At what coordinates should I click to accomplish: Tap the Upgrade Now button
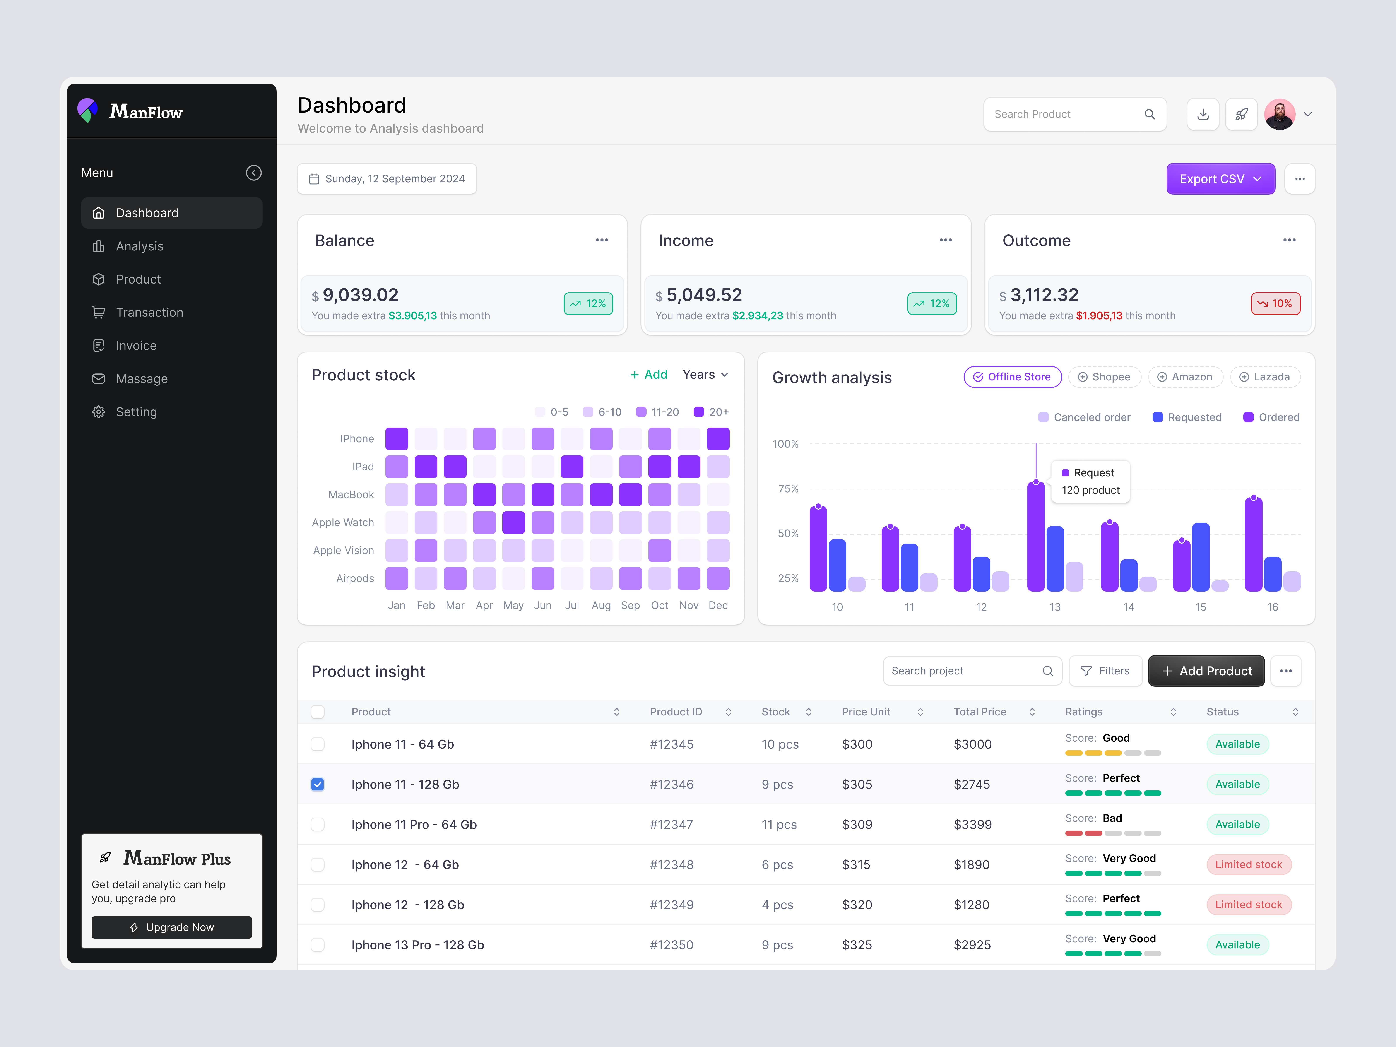coord(172,927)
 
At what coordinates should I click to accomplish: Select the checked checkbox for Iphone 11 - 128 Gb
coord(317,784)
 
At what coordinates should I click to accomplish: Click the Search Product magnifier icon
coord(1149,114)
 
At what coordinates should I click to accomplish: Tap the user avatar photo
coord(1279,114)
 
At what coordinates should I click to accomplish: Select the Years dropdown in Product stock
coord(705,375)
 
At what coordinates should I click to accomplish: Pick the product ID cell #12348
coord(671,865)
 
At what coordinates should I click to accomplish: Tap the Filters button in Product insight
coord(1105,671)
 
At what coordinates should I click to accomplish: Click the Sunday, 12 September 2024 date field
coord(387,179)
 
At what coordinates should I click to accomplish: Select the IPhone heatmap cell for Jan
coord(396,439)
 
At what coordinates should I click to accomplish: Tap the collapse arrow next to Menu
coord(254,173)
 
